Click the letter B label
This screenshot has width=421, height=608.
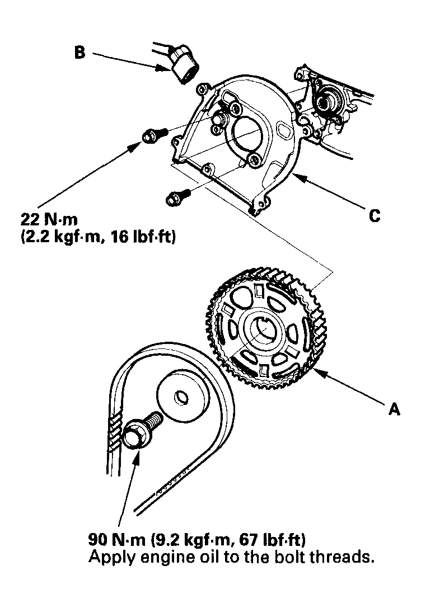tap(81, 54)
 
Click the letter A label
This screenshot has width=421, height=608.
tap(394, 409)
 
